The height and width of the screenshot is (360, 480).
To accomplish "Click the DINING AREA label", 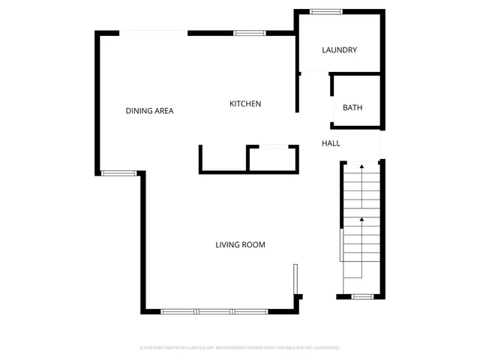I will tap(149, 111).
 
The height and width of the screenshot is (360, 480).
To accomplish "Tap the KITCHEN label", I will tap(245, 103).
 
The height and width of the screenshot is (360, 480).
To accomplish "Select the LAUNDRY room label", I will tap(339, 50).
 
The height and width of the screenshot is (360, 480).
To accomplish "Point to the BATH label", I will tap(352, 108).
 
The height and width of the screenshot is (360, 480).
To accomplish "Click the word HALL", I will tap(331, 143).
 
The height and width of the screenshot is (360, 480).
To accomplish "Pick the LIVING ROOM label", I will tap(240, 244).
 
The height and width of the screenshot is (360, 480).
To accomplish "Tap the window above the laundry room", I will tap(326, 11).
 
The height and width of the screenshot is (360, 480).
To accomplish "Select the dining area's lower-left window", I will tap(118, 173).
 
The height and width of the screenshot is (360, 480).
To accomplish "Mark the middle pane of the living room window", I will tap(214, 311).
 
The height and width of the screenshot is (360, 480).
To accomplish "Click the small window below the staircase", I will tap(363, 296).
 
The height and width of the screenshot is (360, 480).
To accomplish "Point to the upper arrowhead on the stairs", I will tap(361, 165).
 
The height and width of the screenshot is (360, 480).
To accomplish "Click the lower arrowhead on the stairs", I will tap(361, 219).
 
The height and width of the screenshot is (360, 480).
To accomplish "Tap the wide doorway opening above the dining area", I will tap(155, 31).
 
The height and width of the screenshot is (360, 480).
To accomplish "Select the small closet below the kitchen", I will tap(272, 159).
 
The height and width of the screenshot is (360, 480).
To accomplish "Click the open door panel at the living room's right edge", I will tap(295, 278).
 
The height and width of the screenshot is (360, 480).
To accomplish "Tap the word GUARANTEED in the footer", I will tap(326, 348).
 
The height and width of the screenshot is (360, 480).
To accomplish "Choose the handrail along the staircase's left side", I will tap(342, 244).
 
